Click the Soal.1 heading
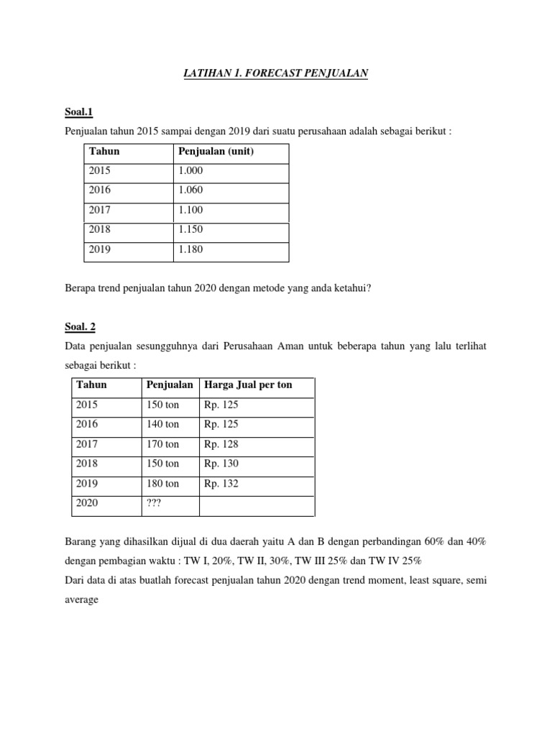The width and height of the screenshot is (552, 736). (x=79, y=111)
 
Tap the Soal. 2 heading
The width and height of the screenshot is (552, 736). (x=80, y=326)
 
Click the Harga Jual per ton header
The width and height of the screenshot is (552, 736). (x=248, y=385)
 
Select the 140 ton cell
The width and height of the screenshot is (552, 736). (x=162, y=424)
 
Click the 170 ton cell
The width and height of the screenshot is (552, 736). (x=162, y=444)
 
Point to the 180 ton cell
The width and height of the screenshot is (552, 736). (x=162, y=483)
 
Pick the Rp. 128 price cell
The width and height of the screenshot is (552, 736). (x=221, y=444)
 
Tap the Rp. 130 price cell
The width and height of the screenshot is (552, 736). (x=221, y=464)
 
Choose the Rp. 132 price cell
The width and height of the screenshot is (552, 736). (x=221, y=483)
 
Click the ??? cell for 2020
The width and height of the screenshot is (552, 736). (x=154, y=503)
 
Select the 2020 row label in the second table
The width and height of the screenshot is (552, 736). (x=88, y=503)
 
